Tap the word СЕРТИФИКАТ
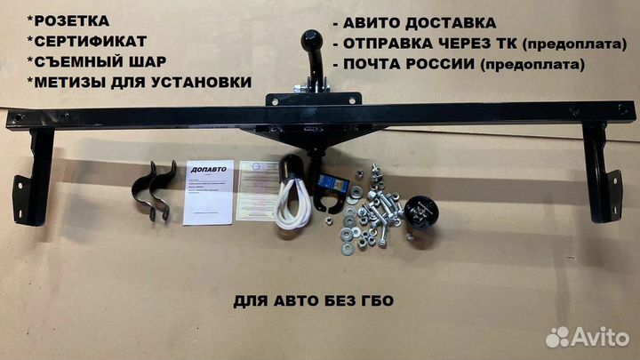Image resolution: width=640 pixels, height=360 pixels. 84,41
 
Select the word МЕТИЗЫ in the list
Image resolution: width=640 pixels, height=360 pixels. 72,83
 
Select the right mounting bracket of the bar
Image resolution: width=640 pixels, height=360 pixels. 601,173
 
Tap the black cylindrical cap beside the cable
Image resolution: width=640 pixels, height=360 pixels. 292,169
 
